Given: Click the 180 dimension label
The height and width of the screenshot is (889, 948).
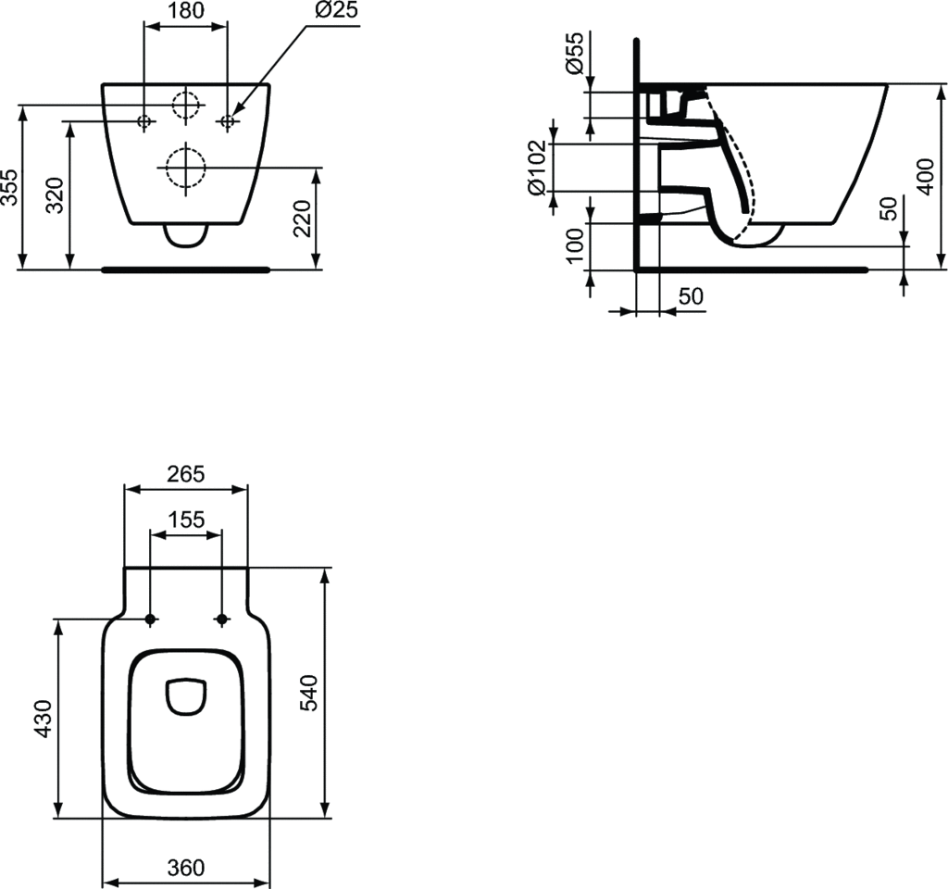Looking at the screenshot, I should click(186, 12).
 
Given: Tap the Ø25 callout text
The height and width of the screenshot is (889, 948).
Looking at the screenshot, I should click(336, 12).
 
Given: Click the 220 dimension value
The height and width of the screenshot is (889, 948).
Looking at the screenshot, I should click(303, 219).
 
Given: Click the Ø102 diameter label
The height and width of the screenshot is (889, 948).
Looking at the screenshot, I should click(536, 169).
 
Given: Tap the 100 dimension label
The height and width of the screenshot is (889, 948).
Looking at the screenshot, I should click(575, 246).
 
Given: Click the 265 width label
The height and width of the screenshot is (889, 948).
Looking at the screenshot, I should click(186, 474).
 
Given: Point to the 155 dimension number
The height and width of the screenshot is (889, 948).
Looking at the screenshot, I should click(186, 520).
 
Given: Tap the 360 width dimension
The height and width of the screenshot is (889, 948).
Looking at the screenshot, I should click(185, 868).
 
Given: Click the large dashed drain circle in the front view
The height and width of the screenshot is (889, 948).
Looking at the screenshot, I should click(186, 167).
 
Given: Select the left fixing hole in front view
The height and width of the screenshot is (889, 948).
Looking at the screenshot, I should click(144, 120).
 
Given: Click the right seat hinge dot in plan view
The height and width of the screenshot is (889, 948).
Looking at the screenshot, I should click(221, 619).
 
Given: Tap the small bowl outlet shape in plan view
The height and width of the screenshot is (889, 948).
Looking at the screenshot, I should click(185, 697).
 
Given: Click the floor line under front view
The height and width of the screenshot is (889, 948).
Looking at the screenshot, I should click(185, 269).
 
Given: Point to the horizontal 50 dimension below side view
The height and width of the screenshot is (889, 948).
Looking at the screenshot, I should click(691, 296).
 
